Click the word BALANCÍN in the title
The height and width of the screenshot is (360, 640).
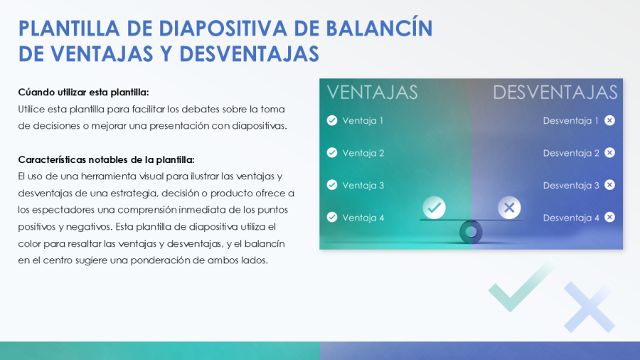[x=379, y=28]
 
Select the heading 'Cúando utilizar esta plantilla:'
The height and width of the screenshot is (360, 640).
[x=83, y=92]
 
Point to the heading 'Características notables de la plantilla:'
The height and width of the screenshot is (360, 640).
[x=106, y=159]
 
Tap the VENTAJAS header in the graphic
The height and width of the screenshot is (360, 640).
[x=372, y=92]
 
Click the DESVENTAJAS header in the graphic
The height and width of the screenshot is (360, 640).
[x=555, y=92]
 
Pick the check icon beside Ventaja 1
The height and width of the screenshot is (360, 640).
[x=332, y=120]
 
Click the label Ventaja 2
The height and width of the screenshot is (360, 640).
[x=363, y=153]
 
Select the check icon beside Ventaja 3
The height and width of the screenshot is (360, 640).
[x=332, y=185]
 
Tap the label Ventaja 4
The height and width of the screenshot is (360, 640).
[x=363, y=218]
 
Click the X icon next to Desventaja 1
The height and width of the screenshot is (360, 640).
[x=609, y=120]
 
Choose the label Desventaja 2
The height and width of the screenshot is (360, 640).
[x=571, y=153]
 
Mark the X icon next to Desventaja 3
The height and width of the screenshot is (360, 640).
[x=609, y=185]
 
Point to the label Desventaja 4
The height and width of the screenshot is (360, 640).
[x=571, y=218]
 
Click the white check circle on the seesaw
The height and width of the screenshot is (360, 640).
[x=434, y=208]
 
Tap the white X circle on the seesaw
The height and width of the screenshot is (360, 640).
[x=509, y=208]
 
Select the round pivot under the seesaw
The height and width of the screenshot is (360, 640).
[x=471, y=231]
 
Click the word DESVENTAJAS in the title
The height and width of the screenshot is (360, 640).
[x=249, y=54]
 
